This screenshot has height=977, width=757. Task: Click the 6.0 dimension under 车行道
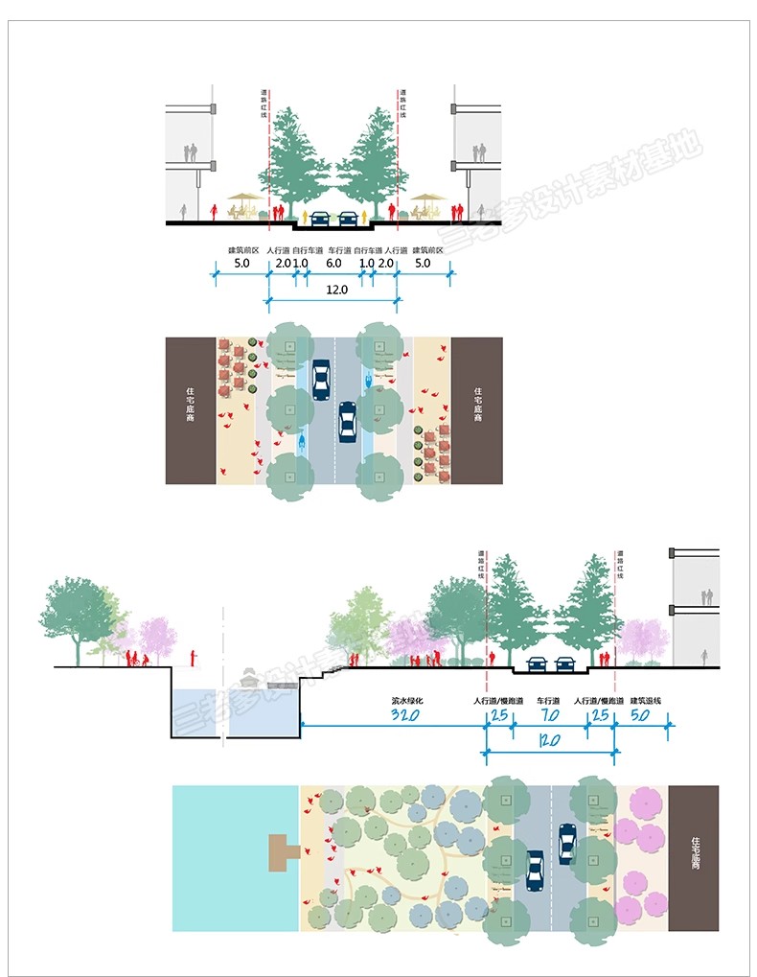click(x=333, y=263)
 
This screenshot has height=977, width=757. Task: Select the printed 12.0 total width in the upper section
click(x=333, y=290)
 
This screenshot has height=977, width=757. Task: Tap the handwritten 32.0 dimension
click(x=407, y=716)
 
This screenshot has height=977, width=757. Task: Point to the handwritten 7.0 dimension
click(x=547, y=716)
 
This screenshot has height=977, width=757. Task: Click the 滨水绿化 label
click(x=407, y=701)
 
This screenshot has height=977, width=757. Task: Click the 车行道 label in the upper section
click(x=333, y=249)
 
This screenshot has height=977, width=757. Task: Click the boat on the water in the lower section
click(x=251, y=678)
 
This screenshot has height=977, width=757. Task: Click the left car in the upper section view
click(x=320, y=218)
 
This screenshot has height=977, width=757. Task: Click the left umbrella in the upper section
click(x=242, y=198)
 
